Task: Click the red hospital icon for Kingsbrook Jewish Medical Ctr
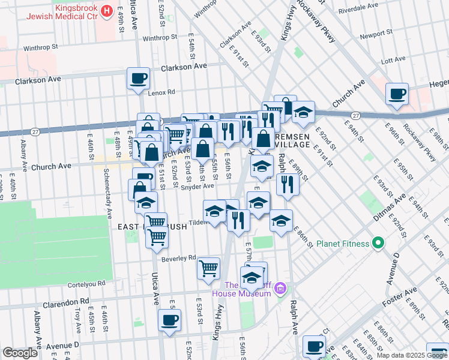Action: point(107,11)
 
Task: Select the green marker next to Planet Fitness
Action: point(378,244)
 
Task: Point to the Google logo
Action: point(19,353)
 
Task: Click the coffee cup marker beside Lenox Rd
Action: point(139,78)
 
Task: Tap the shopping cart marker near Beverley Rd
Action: point(208,268)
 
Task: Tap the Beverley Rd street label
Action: point(179,258)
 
